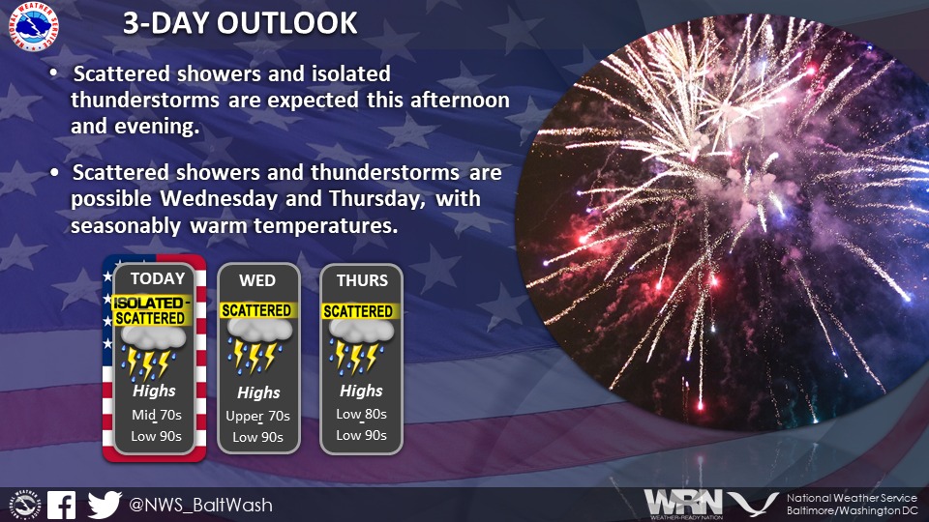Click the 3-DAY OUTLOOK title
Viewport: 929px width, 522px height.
click(x=239, y=23)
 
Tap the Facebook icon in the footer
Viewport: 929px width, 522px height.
click(x=61, y=504)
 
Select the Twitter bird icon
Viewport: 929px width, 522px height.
click(x=104, y=504)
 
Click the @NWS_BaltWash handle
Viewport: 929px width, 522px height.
click(x=200, y=505)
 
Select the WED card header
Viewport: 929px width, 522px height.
click(x=257, y=280)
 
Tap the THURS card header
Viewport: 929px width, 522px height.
click(x=362, y=280)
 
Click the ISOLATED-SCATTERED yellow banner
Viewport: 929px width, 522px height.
click(x=151, y=311)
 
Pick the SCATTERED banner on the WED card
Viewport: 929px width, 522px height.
click(x=256, y=310)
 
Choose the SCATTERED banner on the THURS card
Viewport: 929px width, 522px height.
click(x=358, y=311)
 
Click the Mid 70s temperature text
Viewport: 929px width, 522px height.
click(x=155, y=415)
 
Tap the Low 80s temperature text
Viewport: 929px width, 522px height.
click(x=361, y=415)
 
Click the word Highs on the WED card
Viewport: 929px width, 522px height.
click(x=258, y=392)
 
